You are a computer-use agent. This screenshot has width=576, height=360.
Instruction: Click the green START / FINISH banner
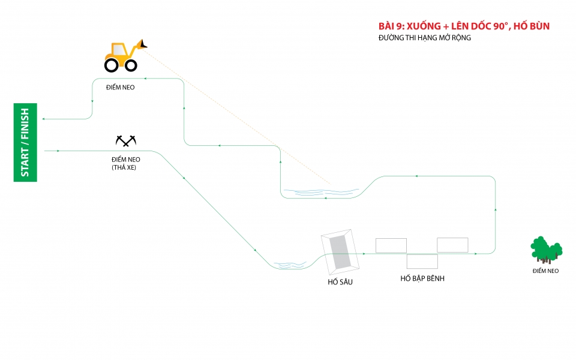click(25, 142)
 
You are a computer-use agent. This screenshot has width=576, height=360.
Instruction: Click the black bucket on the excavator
click(143, 44)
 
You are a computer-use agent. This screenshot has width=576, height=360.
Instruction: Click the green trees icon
click(546, 250)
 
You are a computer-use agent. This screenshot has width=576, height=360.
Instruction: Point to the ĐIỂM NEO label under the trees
click(545, 271)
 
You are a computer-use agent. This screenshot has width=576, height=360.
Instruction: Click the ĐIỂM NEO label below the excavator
click(120, 88)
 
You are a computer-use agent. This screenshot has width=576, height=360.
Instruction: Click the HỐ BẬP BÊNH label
click(422, 278)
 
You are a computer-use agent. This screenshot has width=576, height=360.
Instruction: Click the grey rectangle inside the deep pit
click(341, 251)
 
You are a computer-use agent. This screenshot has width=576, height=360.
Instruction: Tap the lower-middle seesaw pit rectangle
click(422, 262)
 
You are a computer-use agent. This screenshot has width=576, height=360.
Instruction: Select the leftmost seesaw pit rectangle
click(391, 245)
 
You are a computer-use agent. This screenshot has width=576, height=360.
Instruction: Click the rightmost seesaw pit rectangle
click(452, 245)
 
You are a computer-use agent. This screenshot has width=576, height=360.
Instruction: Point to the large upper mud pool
click(321, 193)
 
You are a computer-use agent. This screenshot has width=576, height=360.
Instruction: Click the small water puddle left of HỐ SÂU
click(290, 265)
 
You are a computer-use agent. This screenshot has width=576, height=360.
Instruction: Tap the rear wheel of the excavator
click(112, 63)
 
